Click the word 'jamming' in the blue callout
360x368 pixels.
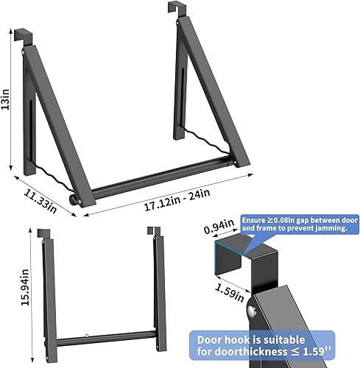331,228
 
